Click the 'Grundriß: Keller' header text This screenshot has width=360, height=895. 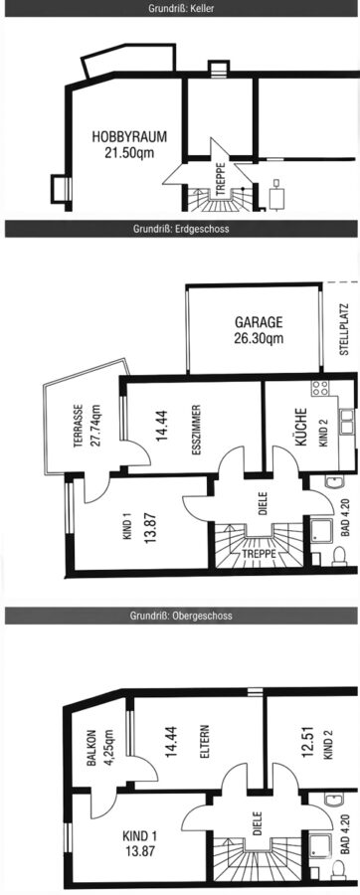181,9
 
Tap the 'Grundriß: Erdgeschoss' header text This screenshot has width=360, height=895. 181,229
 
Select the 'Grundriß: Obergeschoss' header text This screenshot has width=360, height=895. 181,616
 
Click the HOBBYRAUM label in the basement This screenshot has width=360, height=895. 129,137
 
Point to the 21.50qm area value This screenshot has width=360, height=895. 129,152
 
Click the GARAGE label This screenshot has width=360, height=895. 259,322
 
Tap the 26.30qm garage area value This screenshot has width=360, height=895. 259,338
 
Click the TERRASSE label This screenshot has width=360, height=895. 79,426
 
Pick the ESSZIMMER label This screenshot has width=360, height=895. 196,430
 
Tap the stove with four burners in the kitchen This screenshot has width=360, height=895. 320,388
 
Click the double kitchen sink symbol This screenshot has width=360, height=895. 346,422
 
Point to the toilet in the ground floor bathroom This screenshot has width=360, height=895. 339,556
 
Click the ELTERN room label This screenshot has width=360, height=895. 205,742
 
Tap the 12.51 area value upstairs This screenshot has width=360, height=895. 308,742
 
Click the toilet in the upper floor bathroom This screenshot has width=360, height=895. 338,869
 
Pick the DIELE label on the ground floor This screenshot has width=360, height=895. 264,504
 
